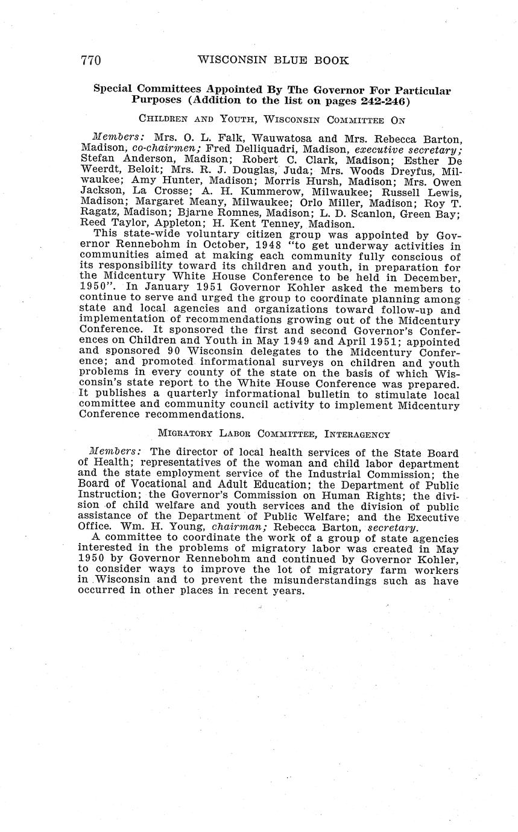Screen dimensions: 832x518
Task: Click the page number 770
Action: [x=90, y=60]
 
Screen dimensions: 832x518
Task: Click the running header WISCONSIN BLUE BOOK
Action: [x=273, y=60]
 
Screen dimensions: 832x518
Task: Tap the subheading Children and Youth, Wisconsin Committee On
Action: [x=272, y=120]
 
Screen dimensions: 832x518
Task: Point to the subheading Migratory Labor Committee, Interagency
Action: [x=274, y=434]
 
